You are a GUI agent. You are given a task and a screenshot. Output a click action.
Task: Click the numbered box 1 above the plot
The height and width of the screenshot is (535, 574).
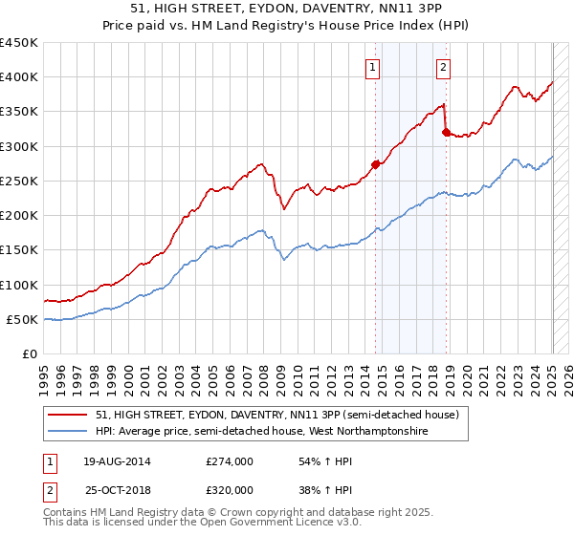[371, 67]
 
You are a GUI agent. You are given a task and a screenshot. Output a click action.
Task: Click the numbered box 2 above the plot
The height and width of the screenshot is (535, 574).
[444, 67]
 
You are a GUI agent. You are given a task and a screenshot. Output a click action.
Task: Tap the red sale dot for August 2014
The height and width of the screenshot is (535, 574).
[376, 164]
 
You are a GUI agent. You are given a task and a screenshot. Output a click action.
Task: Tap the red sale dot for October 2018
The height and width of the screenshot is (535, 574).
[447, 133]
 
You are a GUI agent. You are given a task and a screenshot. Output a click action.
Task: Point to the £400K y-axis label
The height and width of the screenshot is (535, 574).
[19, 77]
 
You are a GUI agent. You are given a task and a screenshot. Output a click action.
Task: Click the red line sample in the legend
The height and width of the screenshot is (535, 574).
[69, 415]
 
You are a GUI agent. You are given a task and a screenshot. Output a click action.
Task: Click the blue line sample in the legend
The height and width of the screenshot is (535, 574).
[69, 432]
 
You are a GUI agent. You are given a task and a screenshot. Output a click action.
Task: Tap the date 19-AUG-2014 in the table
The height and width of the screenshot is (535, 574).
[118, 461]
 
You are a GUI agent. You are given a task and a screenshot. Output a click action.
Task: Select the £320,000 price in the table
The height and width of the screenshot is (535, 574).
[230, 489]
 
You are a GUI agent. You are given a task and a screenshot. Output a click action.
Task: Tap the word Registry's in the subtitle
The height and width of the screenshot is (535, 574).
[300, 26]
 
